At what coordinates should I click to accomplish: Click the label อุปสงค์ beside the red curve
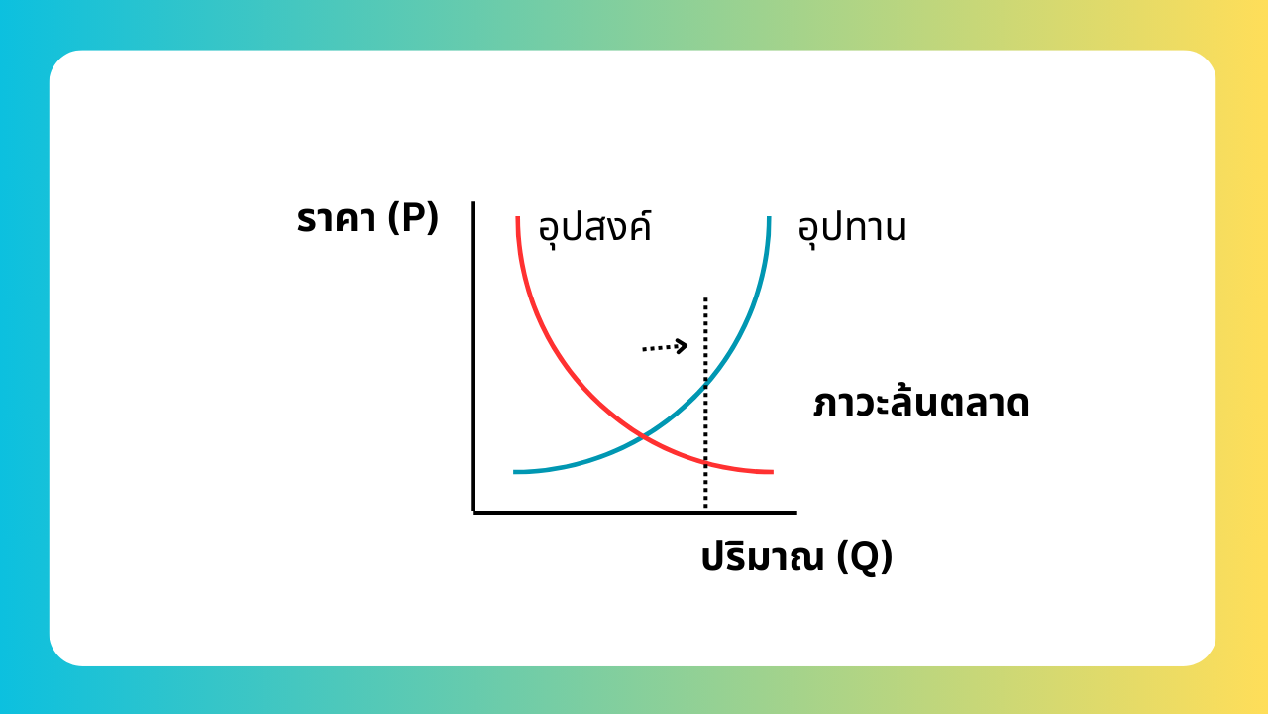click(x=594, y=227)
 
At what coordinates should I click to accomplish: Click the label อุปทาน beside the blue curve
click(x=852, y=229)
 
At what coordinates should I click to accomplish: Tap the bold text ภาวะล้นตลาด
click(x=921, y=403)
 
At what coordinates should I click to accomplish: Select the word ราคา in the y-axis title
click(x=336, y=219)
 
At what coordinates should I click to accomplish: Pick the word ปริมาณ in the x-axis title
click(x=763, y=557)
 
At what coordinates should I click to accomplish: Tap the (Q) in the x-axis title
click(x=865, y=557)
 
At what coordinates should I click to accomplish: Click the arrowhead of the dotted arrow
click(x=683, y=346)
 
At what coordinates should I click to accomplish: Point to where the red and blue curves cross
click(x=643, y=436)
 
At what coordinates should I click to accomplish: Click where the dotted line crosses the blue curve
click(x=705, y=386)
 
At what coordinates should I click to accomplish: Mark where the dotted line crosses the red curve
click(x=705, y=463)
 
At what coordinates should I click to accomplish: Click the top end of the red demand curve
click(x=517, y=217)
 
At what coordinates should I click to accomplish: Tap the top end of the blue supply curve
click(x=769, y=217)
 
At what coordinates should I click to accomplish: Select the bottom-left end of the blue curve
click(x=514, y=471)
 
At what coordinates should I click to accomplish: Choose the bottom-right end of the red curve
click(x=773, y=471)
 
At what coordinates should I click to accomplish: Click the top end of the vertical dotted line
click(x=705, y=298)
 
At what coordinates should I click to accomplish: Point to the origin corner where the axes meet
click(x=473, y=513)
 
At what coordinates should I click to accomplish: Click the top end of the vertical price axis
click(x=473, y=202)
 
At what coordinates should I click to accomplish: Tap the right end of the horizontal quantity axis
click(x=795, y=513)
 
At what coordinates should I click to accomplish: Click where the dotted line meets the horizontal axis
click(x=705, y=511)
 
